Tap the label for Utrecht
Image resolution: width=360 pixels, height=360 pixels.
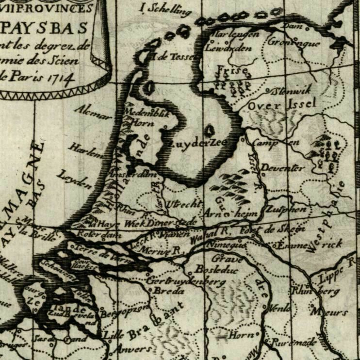183,204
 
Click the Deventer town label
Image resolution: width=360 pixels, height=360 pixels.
283,168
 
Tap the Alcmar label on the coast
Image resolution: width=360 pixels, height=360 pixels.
92,112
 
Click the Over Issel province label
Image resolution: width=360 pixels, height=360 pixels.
281,104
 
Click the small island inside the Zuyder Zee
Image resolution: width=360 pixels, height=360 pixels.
210,130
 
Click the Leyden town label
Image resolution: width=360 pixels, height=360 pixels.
75,179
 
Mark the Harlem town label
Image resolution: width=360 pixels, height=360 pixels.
86,150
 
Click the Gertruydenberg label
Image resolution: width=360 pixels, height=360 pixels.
186,281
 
